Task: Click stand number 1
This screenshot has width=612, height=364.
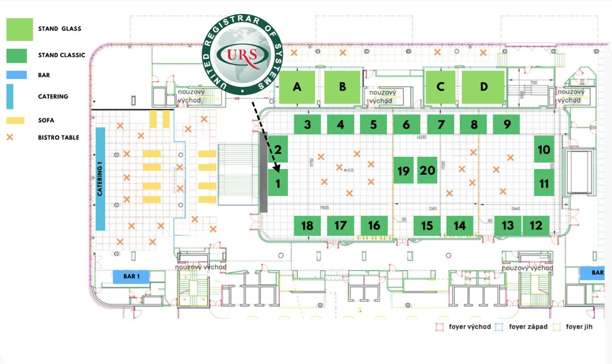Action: pos(277,182)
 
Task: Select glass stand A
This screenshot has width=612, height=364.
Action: pos(297,87)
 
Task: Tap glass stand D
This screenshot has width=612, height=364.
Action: pos(483,87)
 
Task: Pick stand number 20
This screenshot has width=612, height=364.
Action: pos(427,170)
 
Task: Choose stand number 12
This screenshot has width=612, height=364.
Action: pos(536,225)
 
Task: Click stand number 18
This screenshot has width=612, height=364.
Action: pos(307,225)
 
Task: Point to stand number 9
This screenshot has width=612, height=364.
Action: pos(506,124)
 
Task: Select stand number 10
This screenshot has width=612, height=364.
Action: pos(544,149)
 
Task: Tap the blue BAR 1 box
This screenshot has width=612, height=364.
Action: pos(131,276)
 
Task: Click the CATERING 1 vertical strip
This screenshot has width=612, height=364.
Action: pos(100,178)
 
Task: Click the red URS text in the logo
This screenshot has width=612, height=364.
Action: pos(242,54)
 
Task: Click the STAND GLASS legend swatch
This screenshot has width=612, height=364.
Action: pos(20,30)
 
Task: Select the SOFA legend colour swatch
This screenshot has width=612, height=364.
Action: pos(15,121)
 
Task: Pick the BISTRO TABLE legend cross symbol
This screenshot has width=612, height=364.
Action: pos(10,137)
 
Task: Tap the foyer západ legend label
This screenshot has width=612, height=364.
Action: pos(528,327)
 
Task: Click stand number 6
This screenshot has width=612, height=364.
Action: pos(406,124)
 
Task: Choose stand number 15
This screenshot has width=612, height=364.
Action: pos(427,225)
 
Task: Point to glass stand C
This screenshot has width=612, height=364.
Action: pos(440,87)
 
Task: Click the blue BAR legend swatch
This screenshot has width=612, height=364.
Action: pos(16,75)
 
